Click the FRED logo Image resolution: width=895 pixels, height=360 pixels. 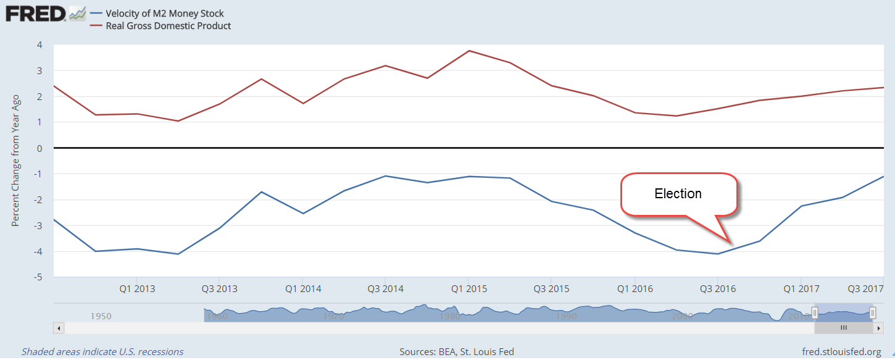(x=36, y=14)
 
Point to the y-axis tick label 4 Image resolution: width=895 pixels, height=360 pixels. (x=39, y=44)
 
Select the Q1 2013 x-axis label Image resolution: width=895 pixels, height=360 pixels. (x=137, y=289)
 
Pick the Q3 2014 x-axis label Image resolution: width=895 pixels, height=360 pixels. (x=385, y=289)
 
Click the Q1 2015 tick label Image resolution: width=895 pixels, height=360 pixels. (x=468, y=289)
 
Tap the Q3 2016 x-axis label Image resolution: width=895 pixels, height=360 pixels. (x=717, y=289)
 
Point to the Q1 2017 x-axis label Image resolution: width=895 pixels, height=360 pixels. (x=801, y=289)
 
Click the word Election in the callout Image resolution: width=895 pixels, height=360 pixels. (x=678, y=194)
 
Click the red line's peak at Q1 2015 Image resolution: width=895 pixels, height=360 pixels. (x=468, y=51)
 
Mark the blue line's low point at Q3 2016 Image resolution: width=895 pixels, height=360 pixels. (x=717, y=254)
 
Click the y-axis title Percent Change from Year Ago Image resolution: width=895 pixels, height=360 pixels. (x=16, y=161)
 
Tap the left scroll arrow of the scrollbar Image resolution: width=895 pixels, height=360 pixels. (x=59, y=327)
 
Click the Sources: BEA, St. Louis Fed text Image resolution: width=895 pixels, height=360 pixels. (x=457, y=352)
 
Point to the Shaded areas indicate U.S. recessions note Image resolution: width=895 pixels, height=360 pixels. (x=102, y=352)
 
